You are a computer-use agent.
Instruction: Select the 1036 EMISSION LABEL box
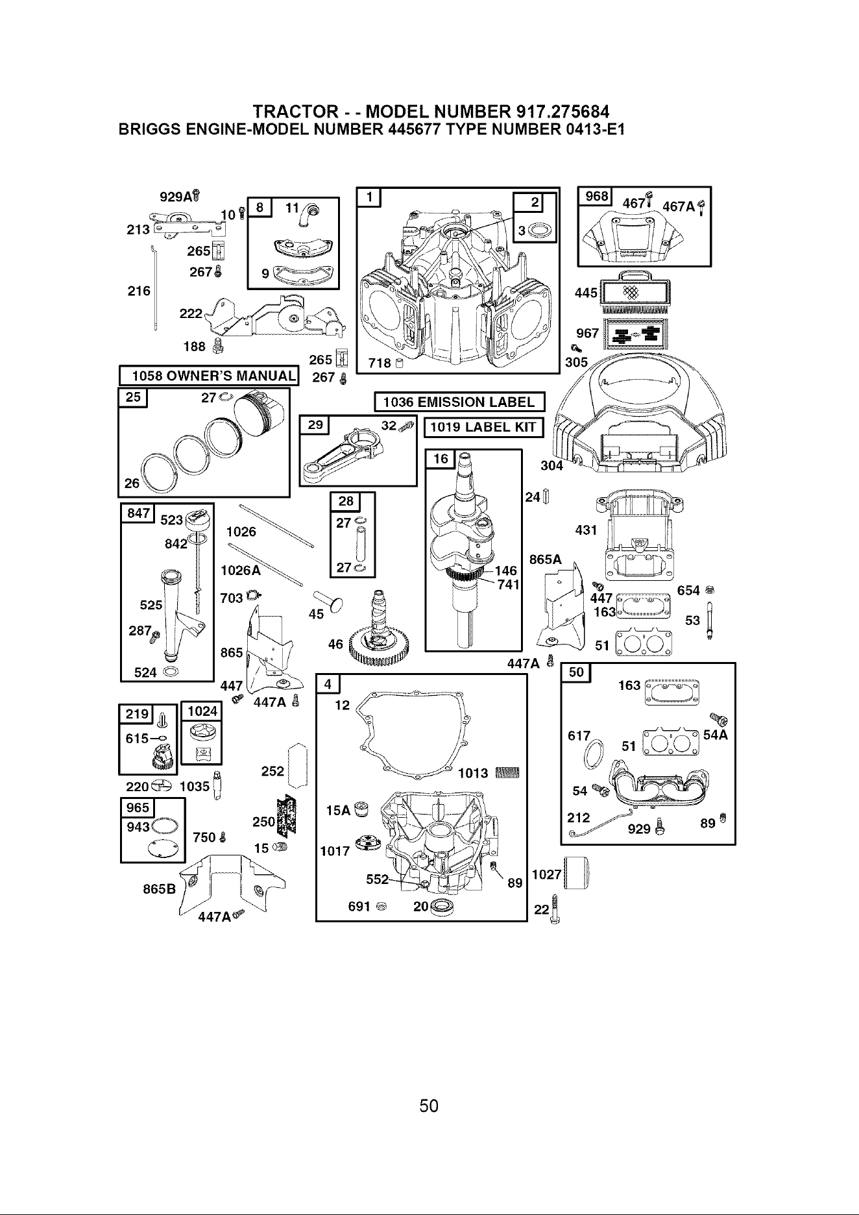459,402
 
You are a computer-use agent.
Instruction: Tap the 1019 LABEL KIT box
483,426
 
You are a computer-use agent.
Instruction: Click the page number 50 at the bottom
429,1105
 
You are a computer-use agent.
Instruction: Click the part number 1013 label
473,773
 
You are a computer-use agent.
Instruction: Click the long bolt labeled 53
710,620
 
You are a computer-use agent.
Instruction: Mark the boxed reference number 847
137,513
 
